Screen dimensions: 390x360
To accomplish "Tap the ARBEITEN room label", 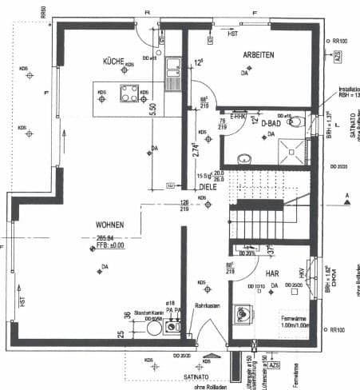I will tap(258, 54).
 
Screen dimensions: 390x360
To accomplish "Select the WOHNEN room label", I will tap(109, 225).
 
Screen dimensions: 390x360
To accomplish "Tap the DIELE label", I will tap(208, 186).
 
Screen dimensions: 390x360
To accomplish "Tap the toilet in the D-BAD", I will tap(298, 122).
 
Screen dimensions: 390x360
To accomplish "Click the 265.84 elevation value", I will tap(107, 237).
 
